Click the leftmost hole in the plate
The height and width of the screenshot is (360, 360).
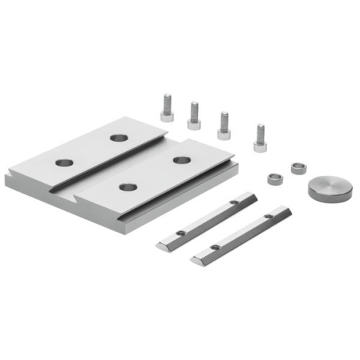click(64, 163)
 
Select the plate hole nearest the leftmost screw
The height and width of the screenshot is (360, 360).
click(118, 138)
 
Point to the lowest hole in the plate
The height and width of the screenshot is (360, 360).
click(128, 187)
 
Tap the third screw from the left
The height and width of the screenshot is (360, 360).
click(224, 124)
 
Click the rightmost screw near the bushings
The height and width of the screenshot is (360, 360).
click(260, 137)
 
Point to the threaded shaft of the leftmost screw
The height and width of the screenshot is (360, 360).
click(167, 100)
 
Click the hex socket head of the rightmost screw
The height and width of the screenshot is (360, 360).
click(260, 145)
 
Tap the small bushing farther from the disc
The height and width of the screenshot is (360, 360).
click(273, 178)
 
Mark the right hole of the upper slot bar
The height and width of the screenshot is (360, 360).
click(233, 204)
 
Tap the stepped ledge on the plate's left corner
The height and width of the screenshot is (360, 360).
click(10, 176)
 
